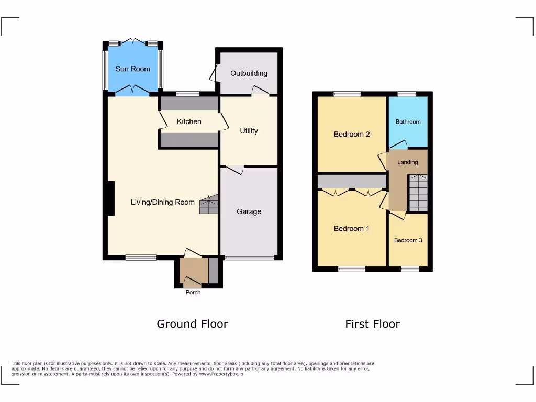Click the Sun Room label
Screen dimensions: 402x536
(133, 69)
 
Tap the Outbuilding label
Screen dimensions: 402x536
(249, 73)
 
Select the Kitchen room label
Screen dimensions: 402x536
(189, 121)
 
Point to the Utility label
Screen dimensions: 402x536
(249, 131)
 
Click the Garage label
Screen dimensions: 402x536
(249, 211)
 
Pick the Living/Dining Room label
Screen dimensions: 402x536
(162, 202)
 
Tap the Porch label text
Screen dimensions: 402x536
(193, 292)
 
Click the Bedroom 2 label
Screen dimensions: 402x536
(352, 134)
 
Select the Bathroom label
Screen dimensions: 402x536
(408, 122)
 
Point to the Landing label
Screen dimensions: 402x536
(407, 162)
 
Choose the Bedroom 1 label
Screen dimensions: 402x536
(352, 228)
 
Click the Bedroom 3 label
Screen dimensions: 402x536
(408, 240)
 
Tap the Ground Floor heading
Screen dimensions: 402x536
(192, 324)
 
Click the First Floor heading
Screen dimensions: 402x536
(372, 324)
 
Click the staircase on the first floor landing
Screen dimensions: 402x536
(418, 193)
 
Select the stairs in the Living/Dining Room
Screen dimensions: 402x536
(208, 205)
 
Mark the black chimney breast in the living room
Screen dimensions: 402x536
(111, 198)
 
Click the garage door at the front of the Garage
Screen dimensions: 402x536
(249, 258)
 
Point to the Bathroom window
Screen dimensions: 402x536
(407, 94)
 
